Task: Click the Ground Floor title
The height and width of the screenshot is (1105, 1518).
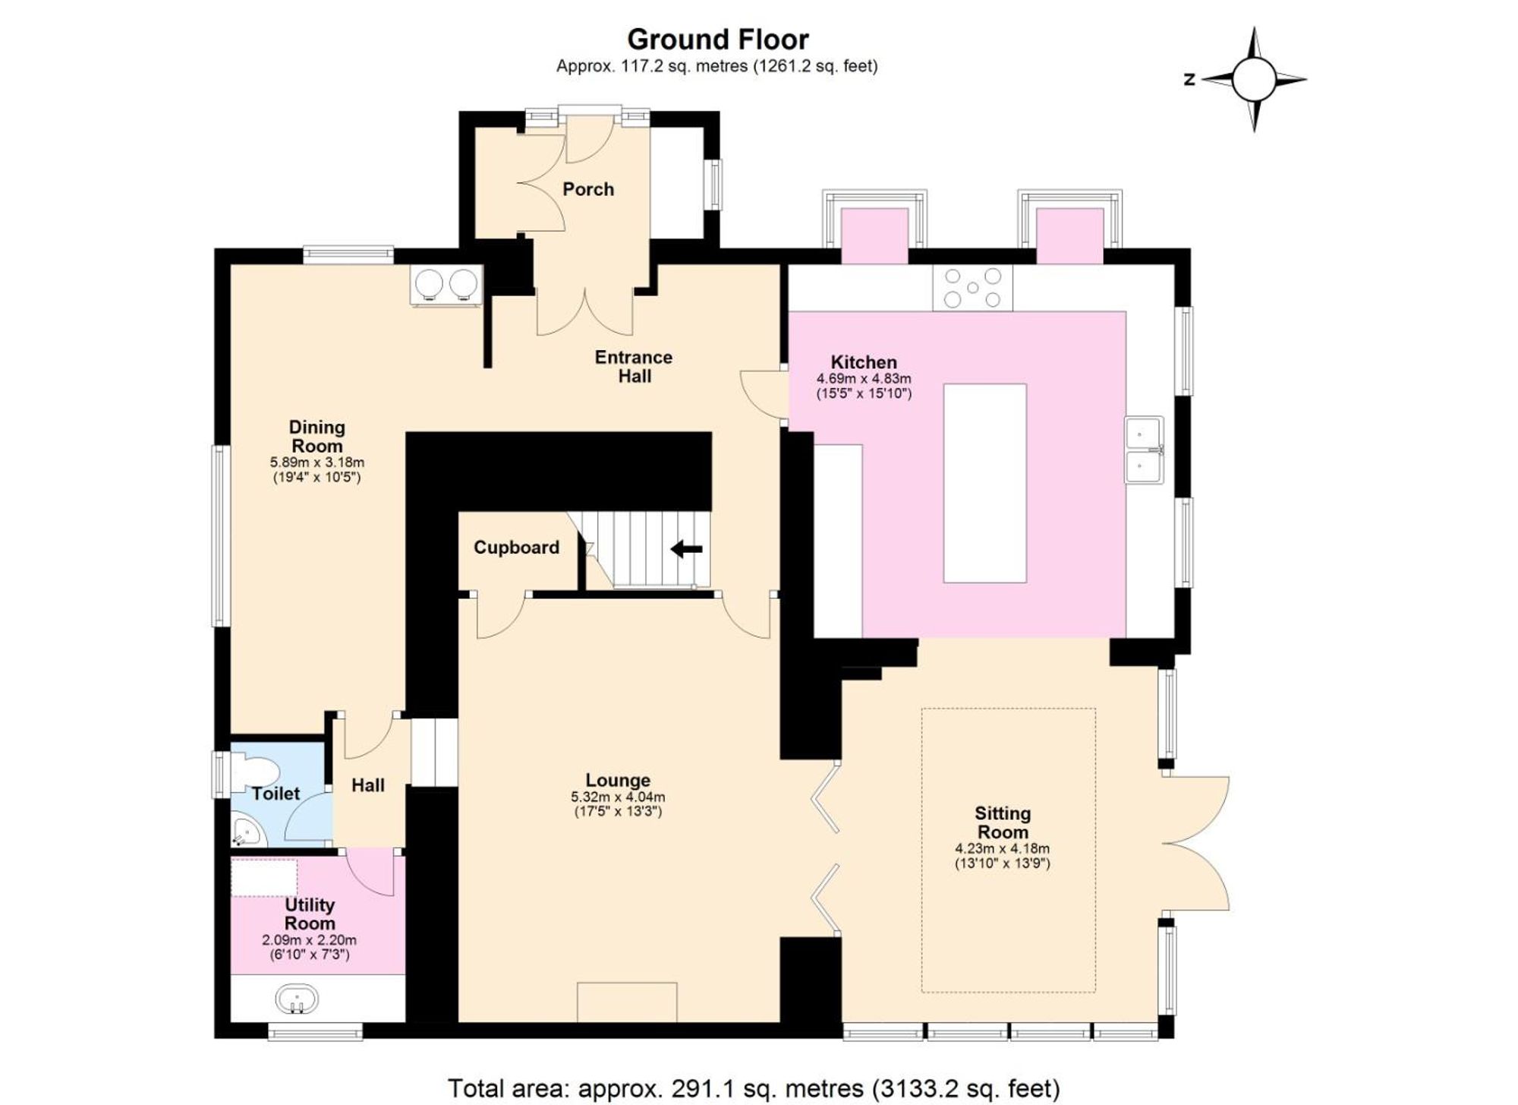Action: tap(717, 39)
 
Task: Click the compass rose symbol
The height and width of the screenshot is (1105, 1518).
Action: tap(1253, 79)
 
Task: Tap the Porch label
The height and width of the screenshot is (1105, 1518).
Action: tap(587, 189)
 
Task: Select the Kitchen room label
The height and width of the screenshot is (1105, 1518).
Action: tap(863, 362)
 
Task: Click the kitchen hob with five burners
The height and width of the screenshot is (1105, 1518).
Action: tap(972, 288)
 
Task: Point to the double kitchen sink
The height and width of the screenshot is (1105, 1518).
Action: tap(1143, 450)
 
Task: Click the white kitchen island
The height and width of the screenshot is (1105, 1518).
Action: tap(984, 483)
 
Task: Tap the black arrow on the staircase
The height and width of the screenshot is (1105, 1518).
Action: tap(687, 548)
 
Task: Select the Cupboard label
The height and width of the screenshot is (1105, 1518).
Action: tap(516, 548)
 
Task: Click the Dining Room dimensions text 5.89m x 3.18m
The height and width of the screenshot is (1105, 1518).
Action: tap(317, 462)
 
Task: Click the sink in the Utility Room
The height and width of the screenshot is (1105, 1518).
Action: tap(297, 998)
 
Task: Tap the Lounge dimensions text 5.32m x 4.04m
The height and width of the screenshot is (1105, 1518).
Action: tap(617, 797)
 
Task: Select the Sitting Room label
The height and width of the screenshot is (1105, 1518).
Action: tap(1002, 822)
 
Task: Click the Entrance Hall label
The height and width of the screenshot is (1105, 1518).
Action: tap(633, 367)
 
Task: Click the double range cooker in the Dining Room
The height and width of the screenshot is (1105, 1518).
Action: tap(446, 286)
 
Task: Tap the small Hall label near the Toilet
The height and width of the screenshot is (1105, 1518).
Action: tap(367, 785)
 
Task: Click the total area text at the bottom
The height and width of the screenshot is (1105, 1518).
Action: tap(753, 1088)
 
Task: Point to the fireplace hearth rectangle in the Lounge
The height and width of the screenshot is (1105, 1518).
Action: tap(626, 1002)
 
